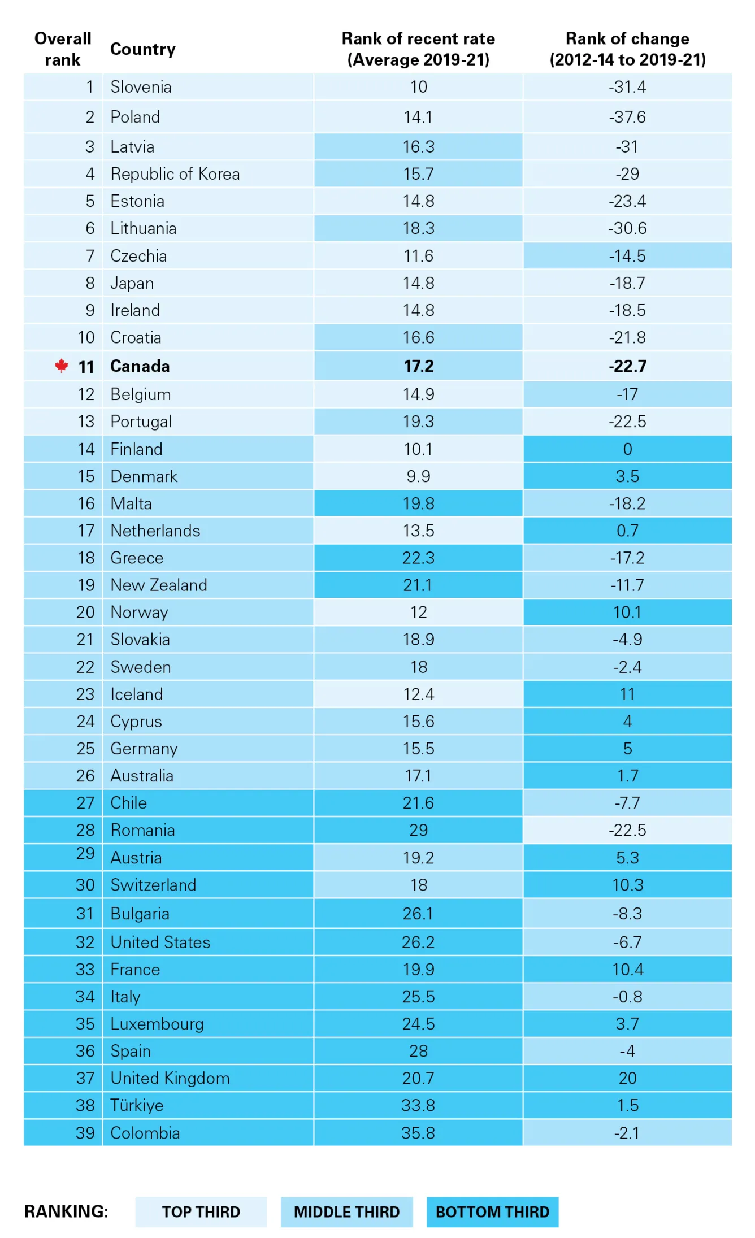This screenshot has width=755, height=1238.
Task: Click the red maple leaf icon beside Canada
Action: coord(62,366)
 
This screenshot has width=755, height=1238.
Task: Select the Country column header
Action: coord(142,49)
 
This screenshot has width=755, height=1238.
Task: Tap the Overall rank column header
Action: coord(63,49)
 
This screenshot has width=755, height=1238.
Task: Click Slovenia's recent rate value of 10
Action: coord(418,87)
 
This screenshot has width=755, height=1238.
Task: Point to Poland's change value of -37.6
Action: coord(627,117)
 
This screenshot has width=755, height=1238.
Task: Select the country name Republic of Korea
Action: coord(175,174)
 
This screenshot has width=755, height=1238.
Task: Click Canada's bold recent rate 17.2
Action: coord(418,366)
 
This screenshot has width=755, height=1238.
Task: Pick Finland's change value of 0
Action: coord(627,449)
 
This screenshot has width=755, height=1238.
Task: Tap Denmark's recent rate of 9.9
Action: coord(418,476)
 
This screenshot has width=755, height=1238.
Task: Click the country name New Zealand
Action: coord(159,585)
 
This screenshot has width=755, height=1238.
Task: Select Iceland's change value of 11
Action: coord(627,694)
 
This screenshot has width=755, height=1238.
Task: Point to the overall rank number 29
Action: coord(85,853)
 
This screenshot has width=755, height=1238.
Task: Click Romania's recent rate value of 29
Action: coord(418,830)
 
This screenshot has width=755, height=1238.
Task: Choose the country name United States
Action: coord(160,942)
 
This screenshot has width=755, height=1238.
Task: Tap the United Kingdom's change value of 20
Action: coord(627,1078)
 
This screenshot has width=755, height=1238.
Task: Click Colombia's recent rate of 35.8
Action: coord(418,1133)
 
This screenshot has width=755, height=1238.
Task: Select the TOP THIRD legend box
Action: coord(201,1212)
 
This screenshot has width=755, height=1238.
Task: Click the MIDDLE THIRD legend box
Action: coord(346,1212)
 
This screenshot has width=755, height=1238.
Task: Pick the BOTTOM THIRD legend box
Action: coord(492,1212)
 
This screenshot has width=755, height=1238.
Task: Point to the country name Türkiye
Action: coord(137,1105)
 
